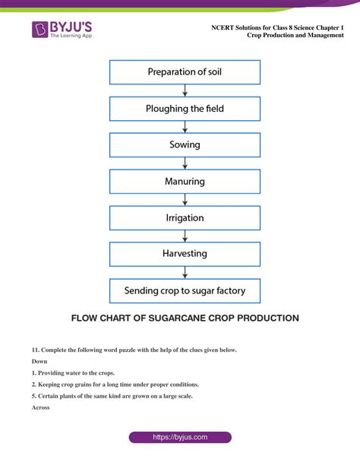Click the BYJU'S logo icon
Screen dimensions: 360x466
(39, 30)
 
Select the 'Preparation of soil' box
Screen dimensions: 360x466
(185, 72)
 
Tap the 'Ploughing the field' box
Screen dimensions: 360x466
(185, 109)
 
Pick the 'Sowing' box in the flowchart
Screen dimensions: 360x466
(185, 145)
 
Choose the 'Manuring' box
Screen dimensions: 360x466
(185, 182)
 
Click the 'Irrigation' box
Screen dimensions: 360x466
(185, 218)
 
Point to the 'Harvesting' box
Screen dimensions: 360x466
(185, 254)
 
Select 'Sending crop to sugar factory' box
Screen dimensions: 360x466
(185, 291)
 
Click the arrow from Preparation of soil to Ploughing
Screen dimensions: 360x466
(185, 90)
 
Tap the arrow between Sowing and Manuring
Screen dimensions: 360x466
(185, 163)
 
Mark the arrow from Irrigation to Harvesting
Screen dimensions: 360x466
(185, 236)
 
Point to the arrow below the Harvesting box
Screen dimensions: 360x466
(185, 272)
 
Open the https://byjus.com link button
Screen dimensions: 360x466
(180, 437)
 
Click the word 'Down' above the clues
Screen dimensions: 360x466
(39, 361)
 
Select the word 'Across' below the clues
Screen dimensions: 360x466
(41, 407)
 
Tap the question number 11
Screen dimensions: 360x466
(36, 350)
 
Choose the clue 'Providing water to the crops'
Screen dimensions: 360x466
(77, 373)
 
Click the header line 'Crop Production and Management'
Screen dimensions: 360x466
(295, 35)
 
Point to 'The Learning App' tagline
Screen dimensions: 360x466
(71, 36)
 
